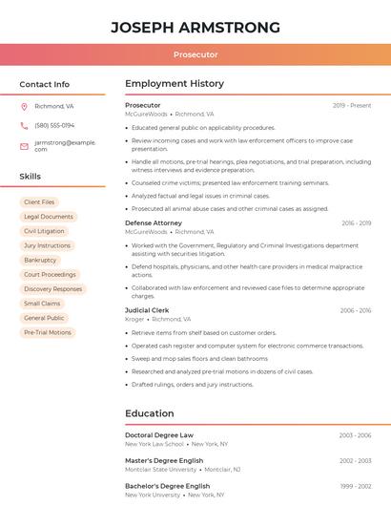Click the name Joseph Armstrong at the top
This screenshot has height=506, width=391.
[195, 27]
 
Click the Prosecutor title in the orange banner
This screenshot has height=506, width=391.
[195, 54]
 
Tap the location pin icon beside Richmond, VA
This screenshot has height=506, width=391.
[25, 106]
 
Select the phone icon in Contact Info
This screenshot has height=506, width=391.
[25, 125]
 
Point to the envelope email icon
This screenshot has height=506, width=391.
[25, 145]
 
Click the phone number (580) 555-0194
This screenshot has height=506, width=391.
[54, 125]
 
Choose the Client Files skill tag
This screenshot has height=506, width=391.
[39, 202]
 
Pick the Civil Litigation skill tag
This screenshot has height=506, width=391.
[44, 231]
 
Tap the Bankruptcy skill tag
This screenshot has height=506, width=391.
[40, 260]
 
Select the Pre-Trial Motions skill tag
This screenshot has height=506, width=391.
[48, 332]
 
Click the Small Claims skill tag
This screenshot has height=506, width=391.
[42, 304]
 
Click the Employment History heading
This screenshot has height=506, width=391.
[175, 83]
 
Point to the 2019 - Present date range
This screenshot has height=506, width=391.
[352, 105]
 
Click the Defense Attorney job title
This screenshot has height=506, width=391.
[153, 222]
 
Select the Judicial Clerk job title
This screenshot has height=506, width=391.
[147, 310]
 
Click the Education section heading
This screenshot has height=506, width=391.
[150, 413]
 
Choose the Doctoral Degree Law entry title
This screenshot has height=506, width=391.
[159, 435]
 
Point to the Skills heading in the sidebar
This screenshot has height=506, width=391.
[31, 177]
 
